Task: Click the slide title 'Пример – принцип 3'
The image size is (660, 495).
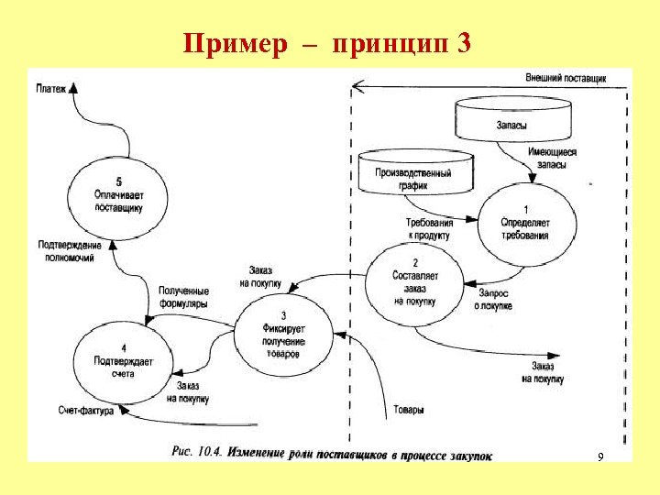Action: (x=327, y=43)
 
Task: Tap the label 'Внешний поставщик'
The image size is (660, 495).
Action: (x=566, y=79)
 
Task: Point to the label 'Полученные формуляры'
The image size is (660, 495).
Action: (x=183, y=296)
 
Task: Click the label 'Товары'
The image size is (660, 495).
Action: (x=408, y=410)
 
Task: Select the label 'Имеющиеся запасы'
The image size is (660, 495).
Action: (x=554, y=159)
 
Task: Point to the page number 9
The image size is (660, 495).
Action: (x=599, y=456)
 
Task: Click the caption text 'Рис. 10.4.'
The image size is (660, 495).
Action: (x=195, y=453)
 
